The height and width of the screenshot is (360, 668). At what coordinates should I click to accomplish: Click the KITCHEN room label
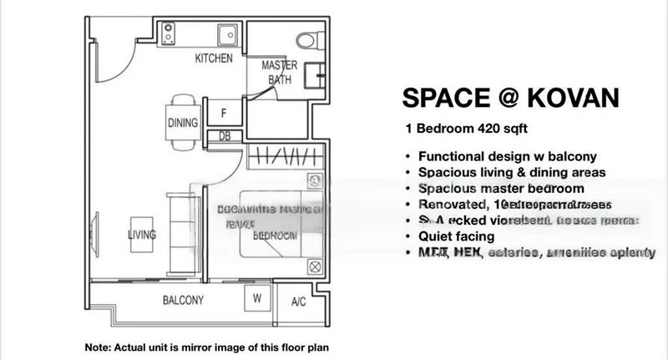[214, 58]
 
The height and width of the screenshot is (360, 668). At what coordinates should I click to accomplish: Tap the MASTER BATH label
[280, 72]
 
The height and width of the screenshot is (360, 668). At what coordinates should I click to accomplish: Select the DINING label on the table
[182, 123]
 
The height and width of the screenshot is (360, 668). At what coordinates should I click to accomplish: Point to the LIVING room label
[142, 236]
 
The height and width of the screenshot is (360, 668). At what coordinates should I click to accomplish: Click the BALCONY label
[182, 300]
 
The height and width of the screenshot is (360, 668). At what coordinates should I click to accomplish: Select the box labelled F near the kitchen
[224, 112]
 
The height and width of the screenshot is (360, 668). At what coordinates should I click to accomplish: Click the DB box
[225, 135]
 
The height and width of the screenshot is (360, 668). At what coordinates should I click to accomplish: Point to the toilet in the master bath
[309, 39]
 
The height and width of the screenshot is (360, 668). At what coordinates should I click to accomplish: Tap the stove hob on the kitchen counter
[168, 35]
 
